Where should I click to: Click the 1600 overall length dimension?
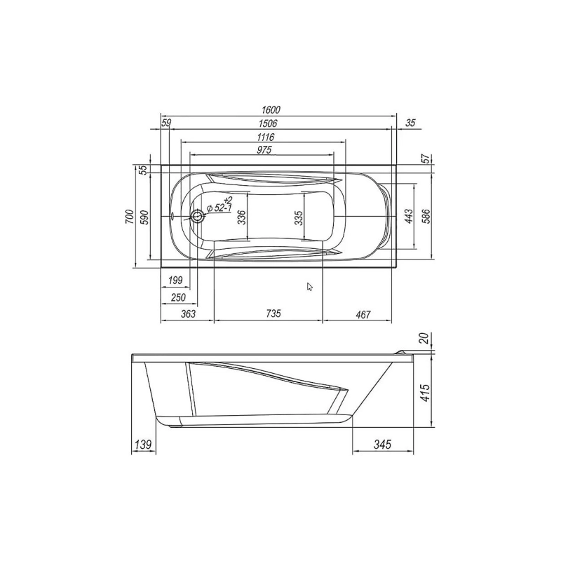tap(271, 109)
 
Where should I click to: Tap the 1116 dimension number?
tap(264, 137)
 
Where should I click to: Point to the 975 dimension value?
tap(264, 150)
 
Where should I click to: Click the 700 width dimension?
tap(129, 217)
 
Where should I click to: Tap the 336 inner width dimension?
tap(241, 217)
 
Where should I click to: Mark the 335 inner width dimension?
tap(299, 217)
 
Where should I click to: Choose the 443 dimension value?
tap(408, 217)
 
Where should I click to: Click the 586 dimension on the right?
tap(425, 217)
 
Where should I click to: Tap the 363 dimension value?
tap(187, 314)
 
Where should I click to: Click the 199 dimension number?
tap(175, 280)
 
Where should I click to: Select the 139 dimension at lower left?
tap(142, 444)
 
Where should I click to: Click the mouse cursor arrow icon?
tap(310, 286)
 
